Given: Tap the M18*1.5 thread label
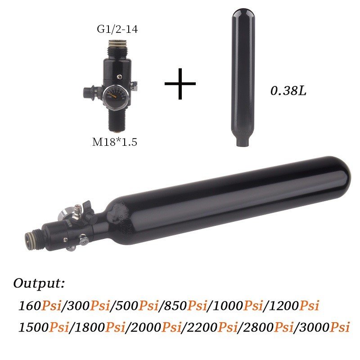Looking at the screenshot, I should [x=114, y=142].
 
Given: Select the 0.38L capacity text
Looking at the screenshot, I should [x=288, y=91].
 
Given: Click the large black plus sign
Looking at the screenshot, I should [x=180, y=84].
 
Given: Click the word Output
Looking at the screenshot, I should [x=39, y=284].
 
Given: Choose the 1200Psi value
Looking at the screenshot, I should [x=293, y=306].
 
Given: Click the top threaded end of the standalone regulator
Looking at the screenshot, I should [x=116, y=45].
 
